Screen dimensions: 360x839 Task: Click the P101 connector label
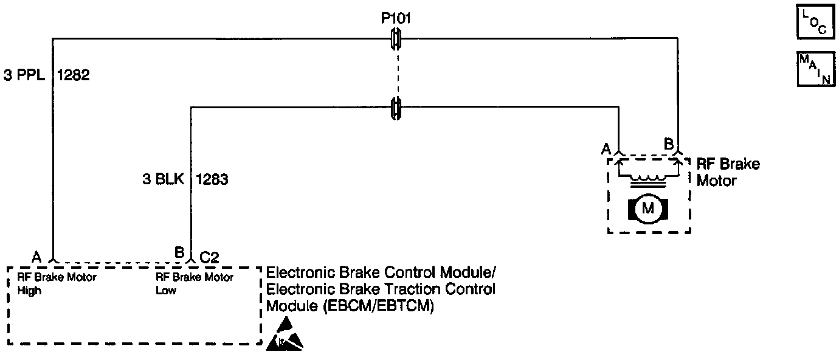coord(396,18)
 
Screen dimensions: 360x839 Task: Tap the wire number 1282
coord(74,76)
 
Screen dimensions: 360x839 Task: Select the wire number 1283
coord(212,179)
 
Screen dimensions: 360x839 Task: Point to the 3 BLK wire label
coord(162,179)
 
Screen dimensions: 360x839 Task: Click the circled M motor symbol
coord(648,209)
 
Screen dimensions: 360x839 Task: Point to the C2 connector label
coord(209,257)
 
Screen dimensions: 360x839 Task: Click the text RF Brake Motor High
coord(57,283)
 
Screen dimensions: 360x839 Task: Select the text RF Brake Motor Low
coord(195,283)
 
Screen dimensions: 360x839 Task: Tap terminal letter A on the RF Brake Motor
coord(606,148)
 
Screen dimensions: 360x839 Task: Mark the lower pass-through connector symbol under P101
coord(396,107)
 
